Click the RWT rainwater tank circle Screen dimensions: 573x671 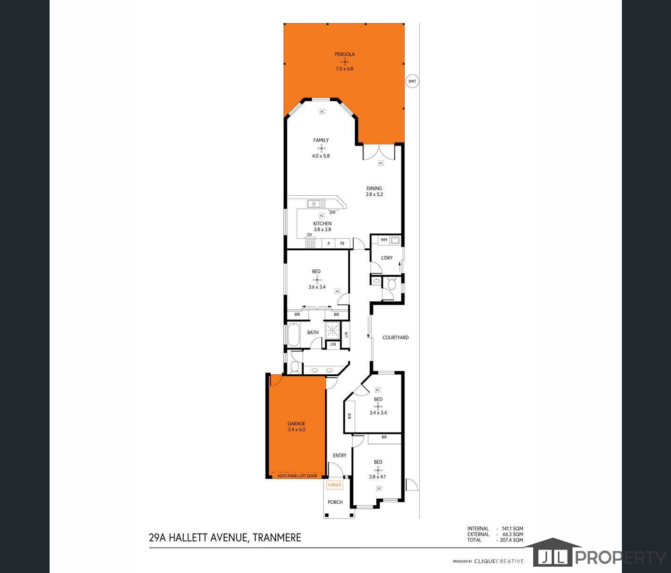coord(412,82)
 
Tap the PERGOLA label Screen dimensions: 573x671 coord(344,54)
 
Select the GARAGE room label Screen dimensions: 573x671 coord(296,424)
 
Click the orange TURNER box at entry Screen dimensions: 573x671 coord(334,485)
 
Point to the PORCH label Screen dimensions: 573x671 coord(335,502)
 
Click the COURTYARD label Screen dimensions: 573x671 coord(395,338)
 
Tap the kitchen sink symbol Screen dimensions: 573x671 coord(316,204)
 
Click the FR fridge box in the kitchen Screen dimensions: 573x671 coord(342,244)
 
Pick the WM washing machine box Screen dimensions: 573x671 coord(384,240)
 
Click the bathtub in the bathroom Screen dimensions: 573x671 coord(293,335)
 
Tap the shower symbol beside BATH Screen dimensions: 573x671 coord(333,329)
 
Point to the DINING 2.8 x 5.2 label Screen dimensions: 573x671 coord(374,191)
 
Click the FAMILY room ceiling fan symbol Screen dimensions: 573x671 coord(321,148)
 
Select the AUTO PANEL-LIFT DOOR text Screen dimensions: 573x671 coord(297,476)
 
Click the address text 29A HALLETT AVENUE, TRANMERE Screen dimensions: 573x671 coord(225,538)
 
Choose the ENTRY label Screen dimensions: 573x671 coord(340,456)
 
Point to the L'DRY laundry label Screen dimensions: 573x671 coord(387,258)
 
